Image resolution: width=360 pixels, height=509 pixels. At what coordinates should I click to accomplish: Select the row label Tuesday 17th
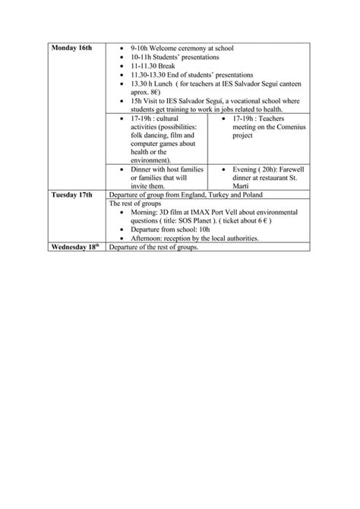[72, 194]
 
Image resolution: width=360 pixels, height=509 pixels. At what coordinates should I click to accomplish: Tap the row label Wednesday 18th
[76, 247]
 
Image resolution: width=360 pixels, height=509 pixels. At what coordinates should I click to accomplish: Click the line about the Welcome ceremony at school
[182, 48]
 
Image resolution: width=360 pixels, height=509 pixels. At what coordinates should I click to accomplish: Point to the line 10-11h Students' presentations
[174, 57]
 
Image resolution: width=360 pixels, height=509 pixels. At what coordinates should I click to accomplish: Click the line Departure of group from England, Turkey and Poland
[185, 195]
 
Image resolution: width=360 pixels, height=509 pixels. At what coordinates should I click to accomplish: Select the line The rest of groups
[135, 204]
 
